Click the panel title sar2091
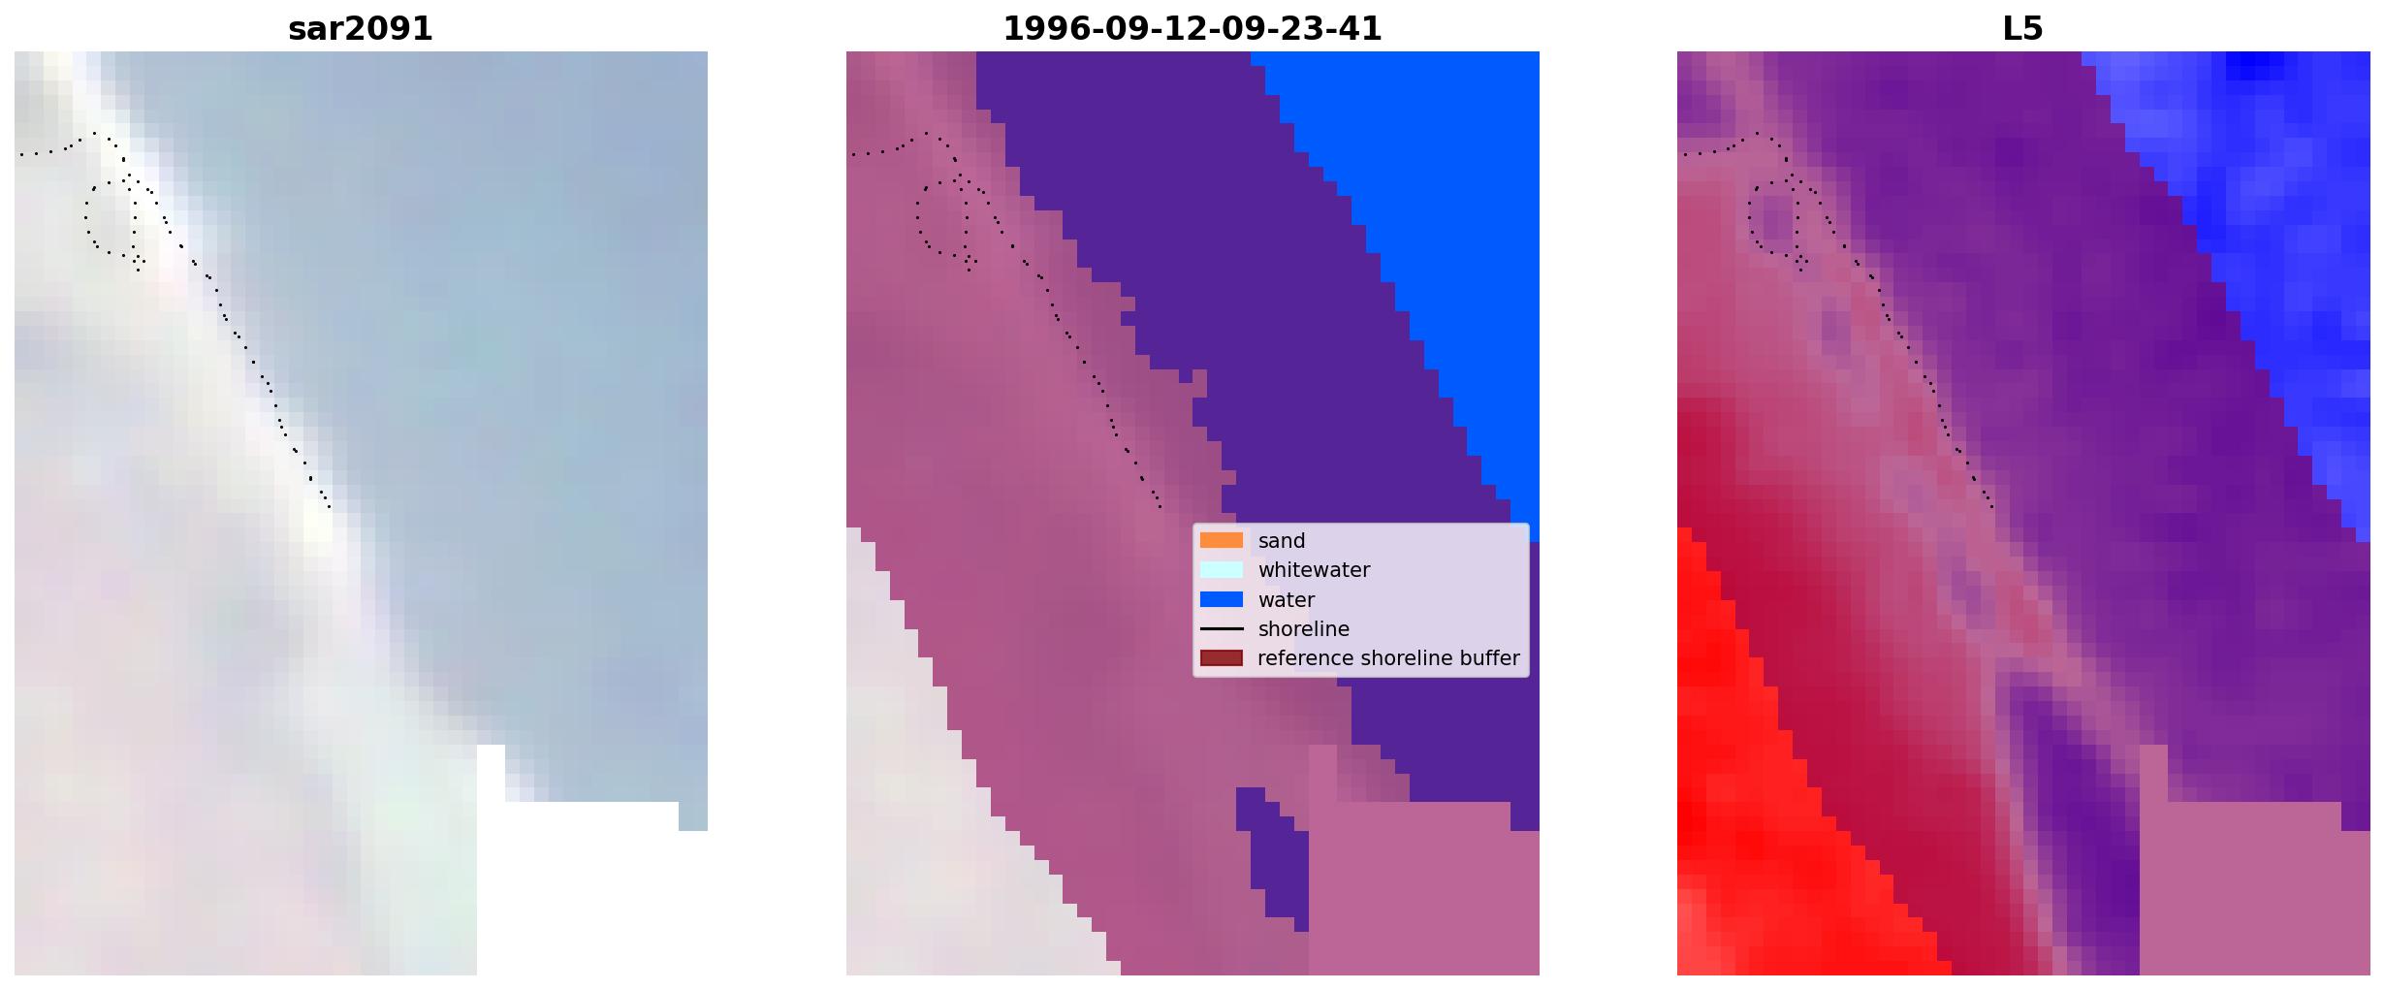(x=361, y=29)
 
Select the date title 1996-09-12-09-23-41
(x=1192, y=29)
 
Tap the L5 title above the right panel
(x=2022, y=29)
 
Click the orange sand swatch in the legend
(x=1222, y=541)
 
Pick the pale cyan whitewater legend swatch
(x=1222, y=570)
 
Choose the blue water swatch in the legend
(x=1222, y=599)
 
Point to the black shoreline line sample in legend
(x=1222, y=629)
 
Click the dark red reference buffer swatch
(x=1222, y=658)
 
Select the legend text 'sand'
(x=1282, y=541)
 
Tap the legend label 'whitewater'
(x=1314, y=570)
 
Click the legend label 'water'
(x=1287, y=600)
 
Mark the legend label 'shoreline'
(x=1304, y=629)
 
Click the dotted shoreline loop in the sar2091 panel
(x=86, y=223)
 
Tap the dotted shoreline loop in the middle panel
(x=918, y=223)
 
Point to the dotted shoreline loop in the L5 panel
(x=1751, y=223)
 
